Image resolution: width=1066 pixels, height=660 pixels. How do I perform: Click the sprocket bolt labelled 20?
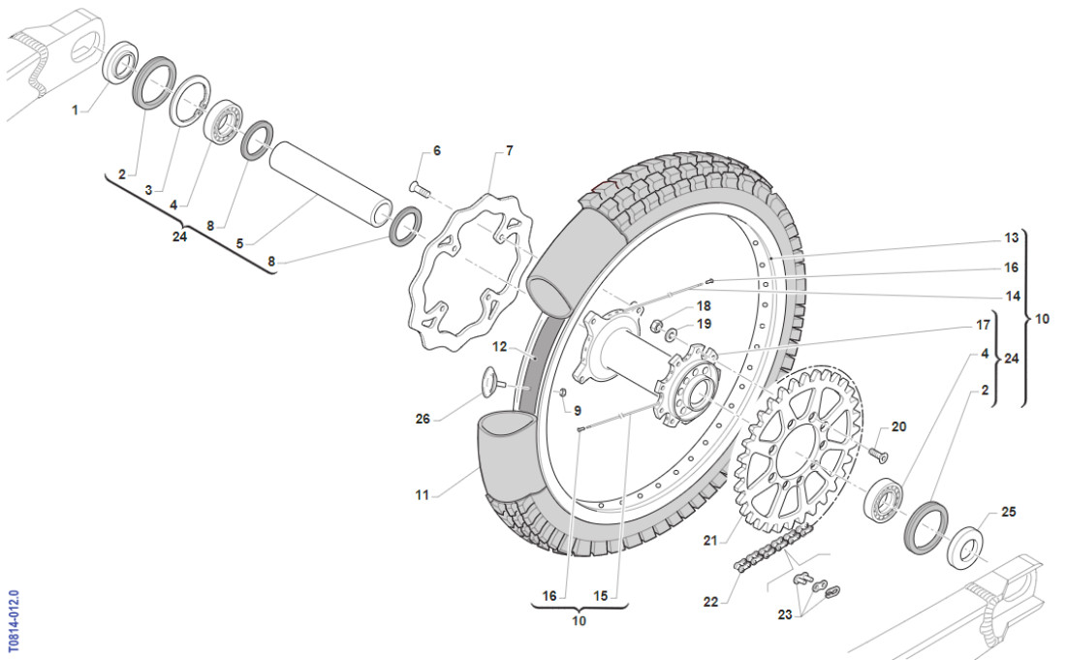(x=878, y=452)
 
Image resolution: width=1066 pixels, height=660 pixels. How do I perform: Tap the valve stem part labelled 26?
(x=492, y=383)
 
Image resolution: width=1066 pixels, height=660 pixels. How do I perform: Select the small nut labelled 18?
(x=656, y=326)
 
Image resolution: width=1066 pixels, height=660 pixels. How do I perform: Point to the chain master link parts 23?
(x=812, y=585)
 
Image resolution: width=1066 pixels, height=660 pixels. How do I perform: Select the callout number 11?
(x=422, y=495)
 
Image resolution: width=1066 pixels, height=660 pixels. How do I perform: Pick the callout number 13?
(x=1012, y=237)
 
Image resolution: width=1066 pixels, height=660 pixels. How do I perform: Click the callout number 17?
(x=1012, y=326)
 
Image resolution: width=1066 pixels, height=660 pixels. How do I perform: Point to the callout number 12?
(x=500, y=346)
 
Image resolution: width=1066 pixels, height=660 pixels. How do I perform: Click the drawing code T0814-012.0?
(x=13, y=619)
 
